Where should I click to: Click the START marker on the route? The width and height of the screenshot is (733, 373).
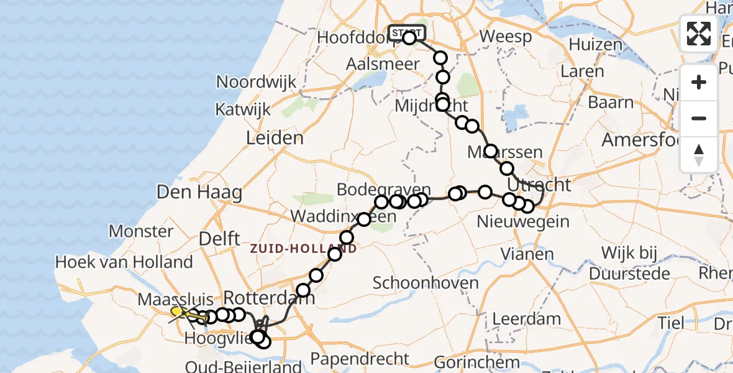click(407, 32)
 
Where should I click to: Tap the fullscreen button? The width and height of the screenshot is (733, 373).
click(699, 34)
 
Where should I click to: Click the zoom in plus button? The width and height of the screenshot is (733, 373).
click(699, 82)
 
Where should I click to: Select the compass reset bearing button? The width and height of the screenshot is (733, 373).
click(699, 155)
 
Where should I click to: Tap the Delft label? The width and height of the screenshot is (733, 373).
click(220, 238)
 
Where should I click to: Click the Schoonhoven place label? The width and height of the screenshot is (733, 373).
click(426, 283)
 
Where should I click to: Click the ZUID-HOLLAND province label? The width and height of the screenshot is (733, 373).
click(304, 249)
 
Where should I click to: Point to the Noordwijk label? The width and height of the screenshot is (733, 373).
click(257, 82)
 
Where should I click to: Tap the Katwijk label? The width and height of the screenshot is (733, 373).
click(243, 110)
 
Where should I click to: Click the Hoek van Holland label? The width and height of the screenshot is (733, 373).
click(124, 262)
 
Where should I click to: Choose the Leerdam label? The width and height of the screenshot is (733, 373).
click(526, 320)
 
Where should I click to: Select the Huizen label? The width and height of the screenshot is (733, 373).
click(595, 44)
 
